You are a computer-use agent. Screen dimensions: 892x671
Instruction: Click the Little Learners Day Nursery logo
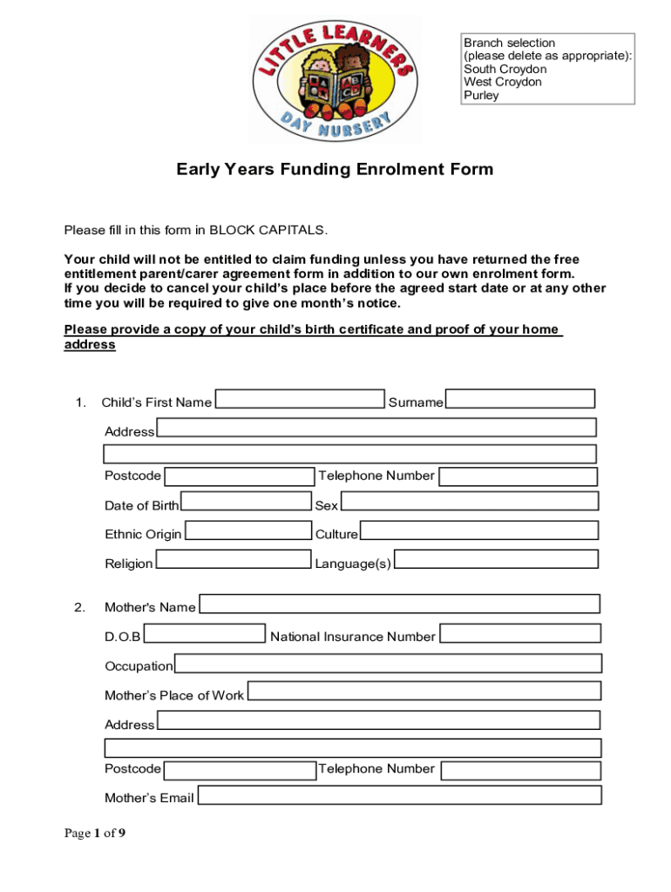(335, 78)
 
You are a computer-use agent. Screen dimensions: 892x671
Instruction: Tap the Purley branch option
(481, 95)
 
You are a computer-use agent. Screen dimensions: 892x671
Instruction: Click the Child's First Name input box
(300, 399)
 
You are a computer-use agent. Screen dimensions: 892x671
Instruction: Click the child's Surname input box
(520, 399)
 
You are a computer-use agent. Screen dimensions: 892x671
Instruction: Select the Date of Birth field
(246, 501)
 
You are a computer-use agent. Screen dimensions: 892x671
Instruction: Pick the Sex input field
(469, 501)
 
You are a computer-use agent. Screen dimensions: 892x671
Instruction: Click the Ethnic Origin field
(248, 530)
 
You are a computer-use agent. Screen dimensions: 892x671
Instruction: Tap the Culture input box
(479, 530)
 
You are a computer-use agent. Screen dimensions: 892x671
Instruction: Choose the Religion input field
(233, 559)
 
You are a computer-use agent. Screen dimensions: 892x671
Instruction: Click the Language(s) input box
(496, 559)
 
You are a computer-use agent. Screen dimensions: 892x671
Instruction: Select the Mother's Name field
(400, 604)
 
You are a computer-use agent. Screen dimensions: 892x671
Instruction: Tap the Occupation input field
(388, 663)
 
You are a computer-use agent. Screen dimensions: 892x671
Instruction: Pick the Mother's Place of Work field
(424, 692)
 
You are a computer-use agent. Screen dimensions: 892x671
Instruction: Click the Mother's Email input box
(399, 795)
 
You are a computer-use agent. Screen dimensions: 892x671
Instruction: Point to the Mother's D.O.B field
(204, 633)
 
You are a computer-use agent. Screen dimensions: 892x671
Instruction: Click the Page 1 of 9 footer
(95, 834)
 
